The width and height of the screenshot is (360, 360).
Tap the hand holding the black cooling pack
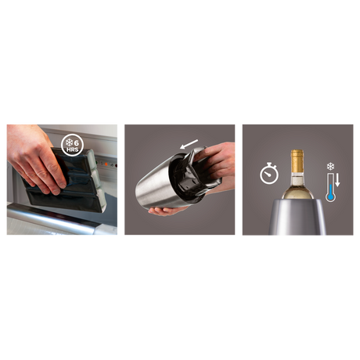(35, 160)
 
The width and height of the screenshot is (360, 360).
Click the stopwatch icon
(269, 174)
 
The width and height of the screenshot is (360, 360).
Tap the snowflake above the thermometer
(330, 166)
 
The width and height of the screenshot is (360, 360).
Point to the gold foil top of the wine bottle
(297, 161)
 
